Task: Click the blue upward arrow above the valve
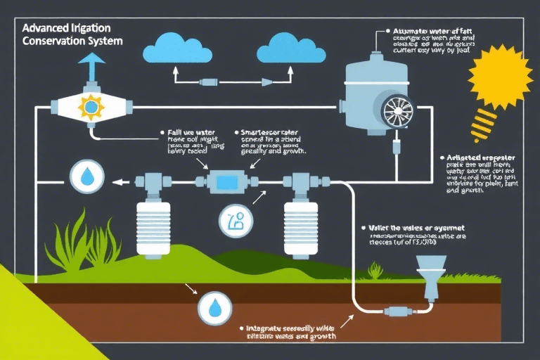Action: pos(89,67)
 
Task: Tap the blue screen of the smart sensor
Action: pos(227,182)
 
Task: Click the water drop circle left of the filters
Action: pos(86,176)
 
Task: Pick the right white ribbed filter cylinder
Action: pos(302,224)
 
